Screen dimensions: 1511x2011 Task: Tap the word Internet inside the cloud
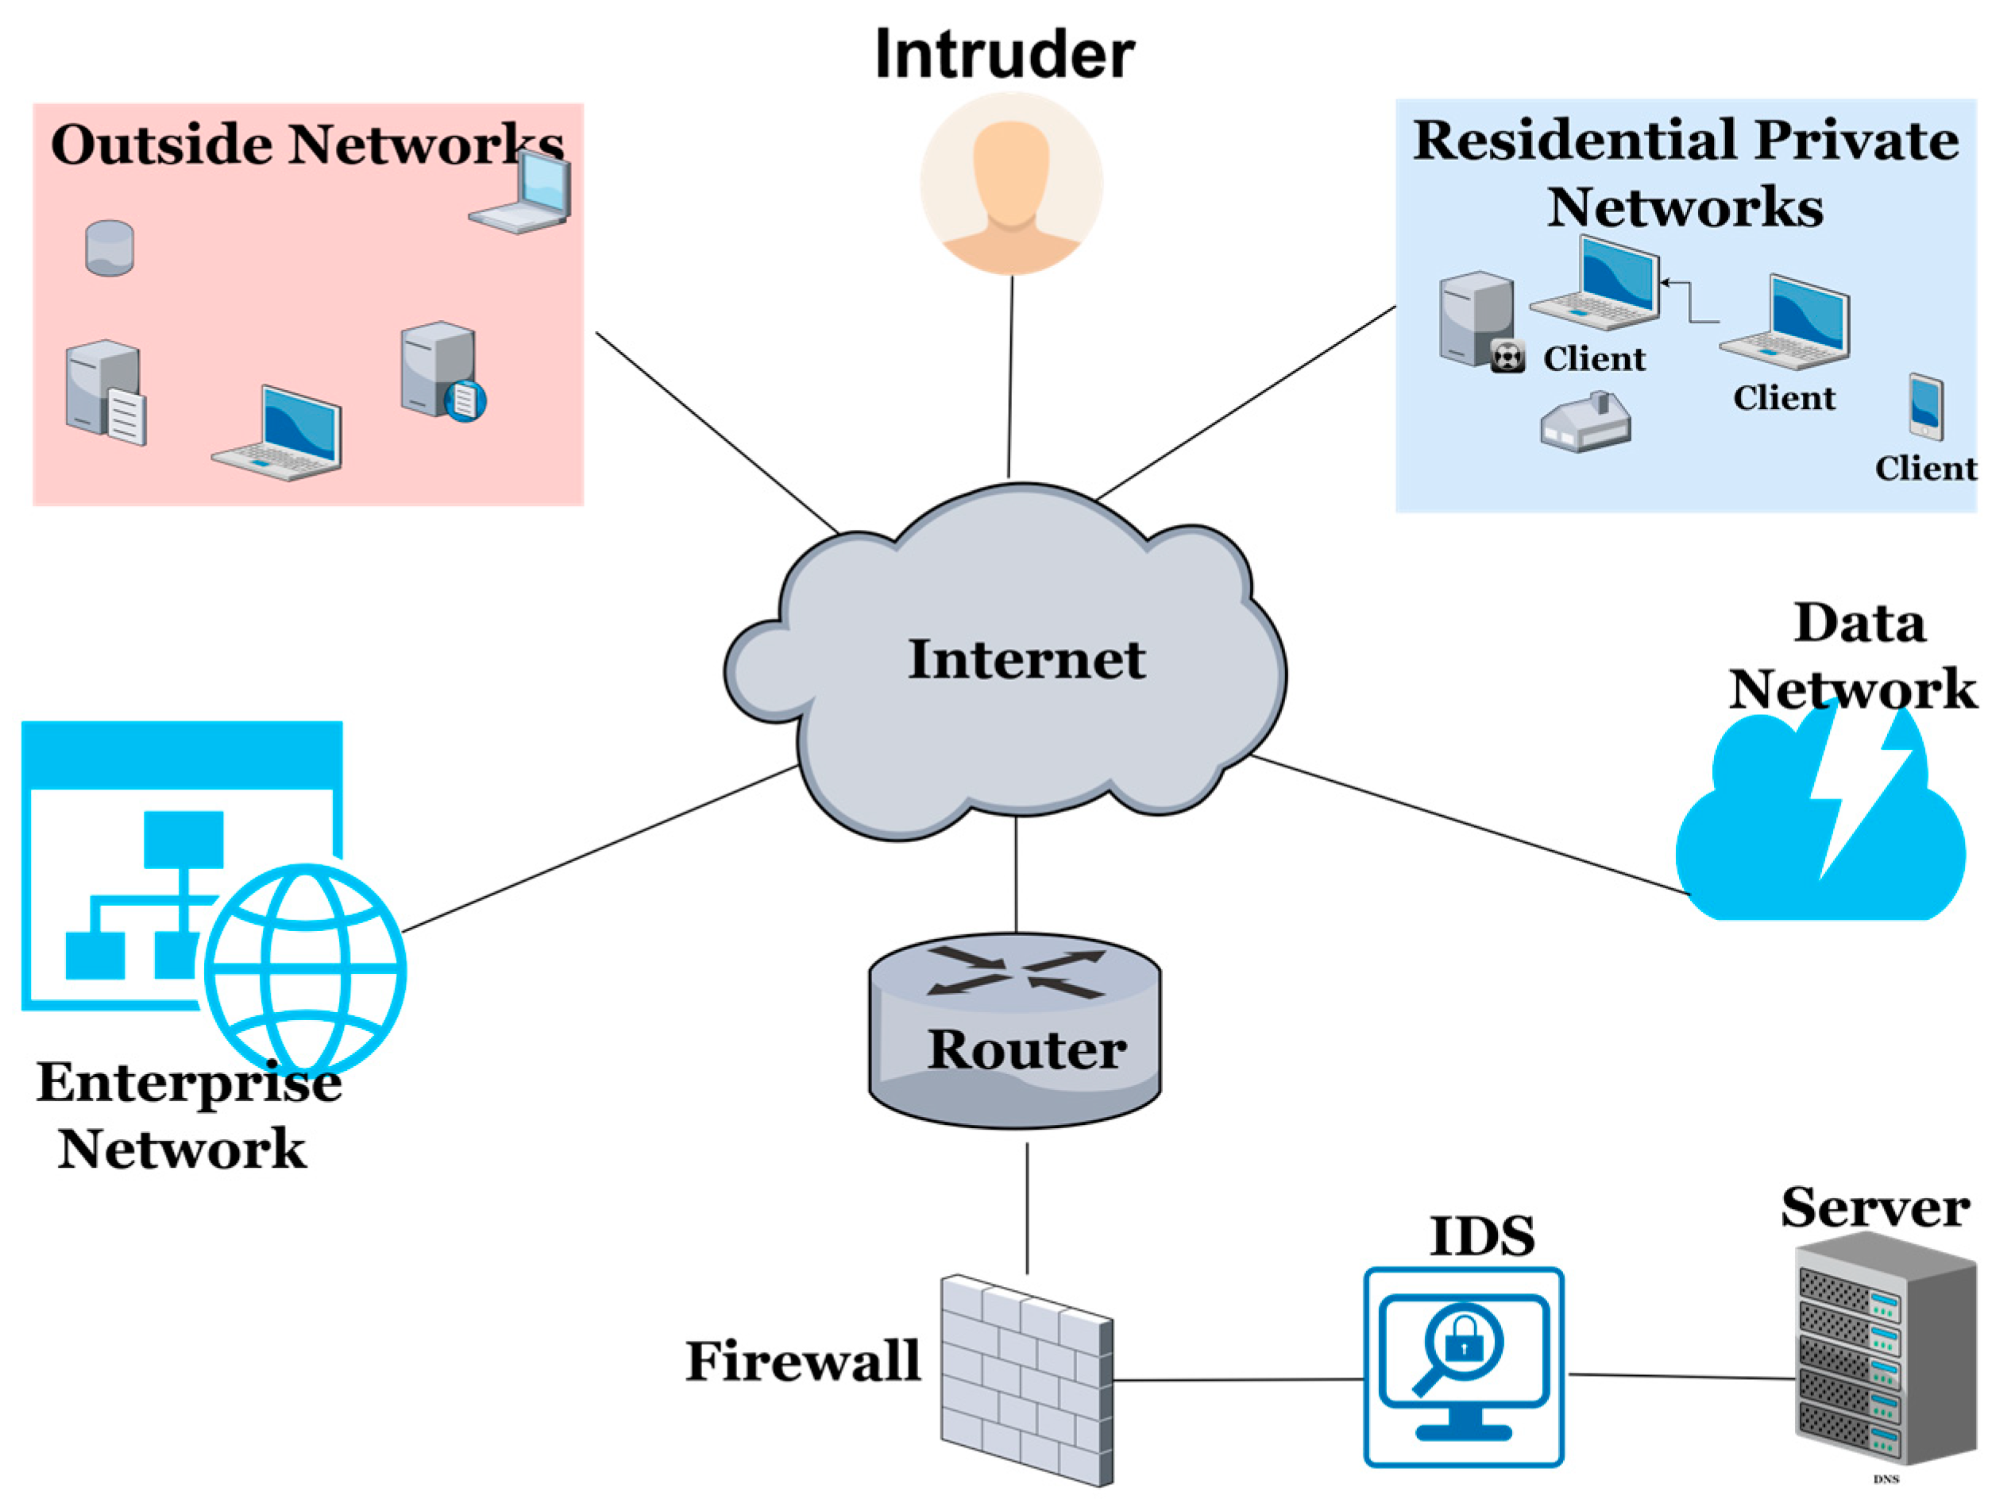(x=1026, y=659)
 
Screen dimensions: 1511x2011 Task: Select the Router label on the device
(x=1026, y=1049)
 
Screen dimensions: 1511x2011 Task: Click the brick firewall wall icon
(x=1025, y=1380)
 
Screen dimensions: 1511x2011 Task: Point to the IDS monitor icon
(x=1463, y=1366)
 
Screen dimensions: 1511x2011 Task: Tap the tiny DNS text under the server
(x=1886, y=1479)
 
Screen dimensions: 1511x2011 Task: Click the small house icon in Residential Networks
(x=1585, y=423)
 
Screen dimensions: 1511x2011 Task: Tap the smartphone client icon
(x=1924, y=408)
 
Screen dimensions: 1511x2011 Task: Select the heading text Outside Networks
(x=307, y=144)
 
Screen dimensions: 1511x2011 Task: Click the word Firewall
(x=803, y=1361)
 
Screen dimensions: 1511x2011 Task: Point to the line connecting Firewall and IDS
(x=1237, y=1379)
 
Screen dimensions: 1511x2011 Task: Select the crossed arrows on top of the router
(x=1016, y=972)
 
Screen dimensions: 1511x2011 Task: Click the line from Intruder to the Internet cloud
(x=1010, y=377)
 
